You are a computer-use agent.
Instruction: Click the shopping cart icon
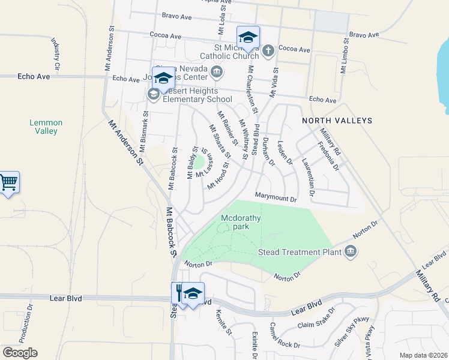(8, 182)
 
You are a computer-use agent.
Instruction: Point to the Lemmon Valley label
(46, 127)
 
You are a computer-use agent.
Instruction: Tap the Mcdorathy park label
(241, 222)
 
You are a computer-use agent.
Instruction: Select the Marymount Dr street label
(276, 198)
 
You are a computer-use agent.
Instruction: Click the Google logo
(19, 353)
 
